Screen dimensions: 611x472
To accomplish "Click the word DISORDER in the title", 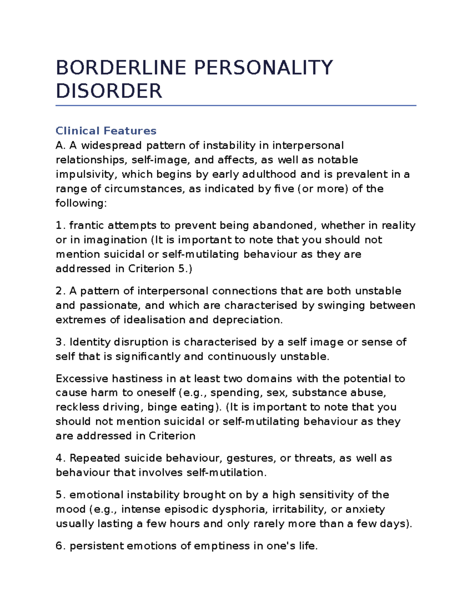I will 109,91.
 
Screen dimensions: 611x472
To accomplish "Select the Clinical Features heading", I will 106,131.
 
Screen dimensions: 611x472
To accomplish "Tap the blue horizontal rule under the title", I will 236,105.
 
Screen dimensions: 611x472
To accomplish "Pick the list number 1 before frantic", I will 59,225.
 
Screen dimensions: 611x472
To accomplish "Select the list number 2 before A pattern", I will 59,291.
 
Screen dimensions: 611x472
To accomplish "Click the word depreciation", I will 247,320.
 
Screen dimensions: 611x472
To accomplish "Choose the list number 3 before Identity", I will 59,342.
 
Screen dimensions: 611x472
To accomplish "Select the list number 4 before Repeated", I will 59,458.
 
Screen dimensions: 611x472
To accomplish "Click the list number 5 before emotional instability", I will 59,495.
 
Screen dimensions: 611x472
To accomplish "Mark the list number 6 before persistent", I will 59,546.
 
